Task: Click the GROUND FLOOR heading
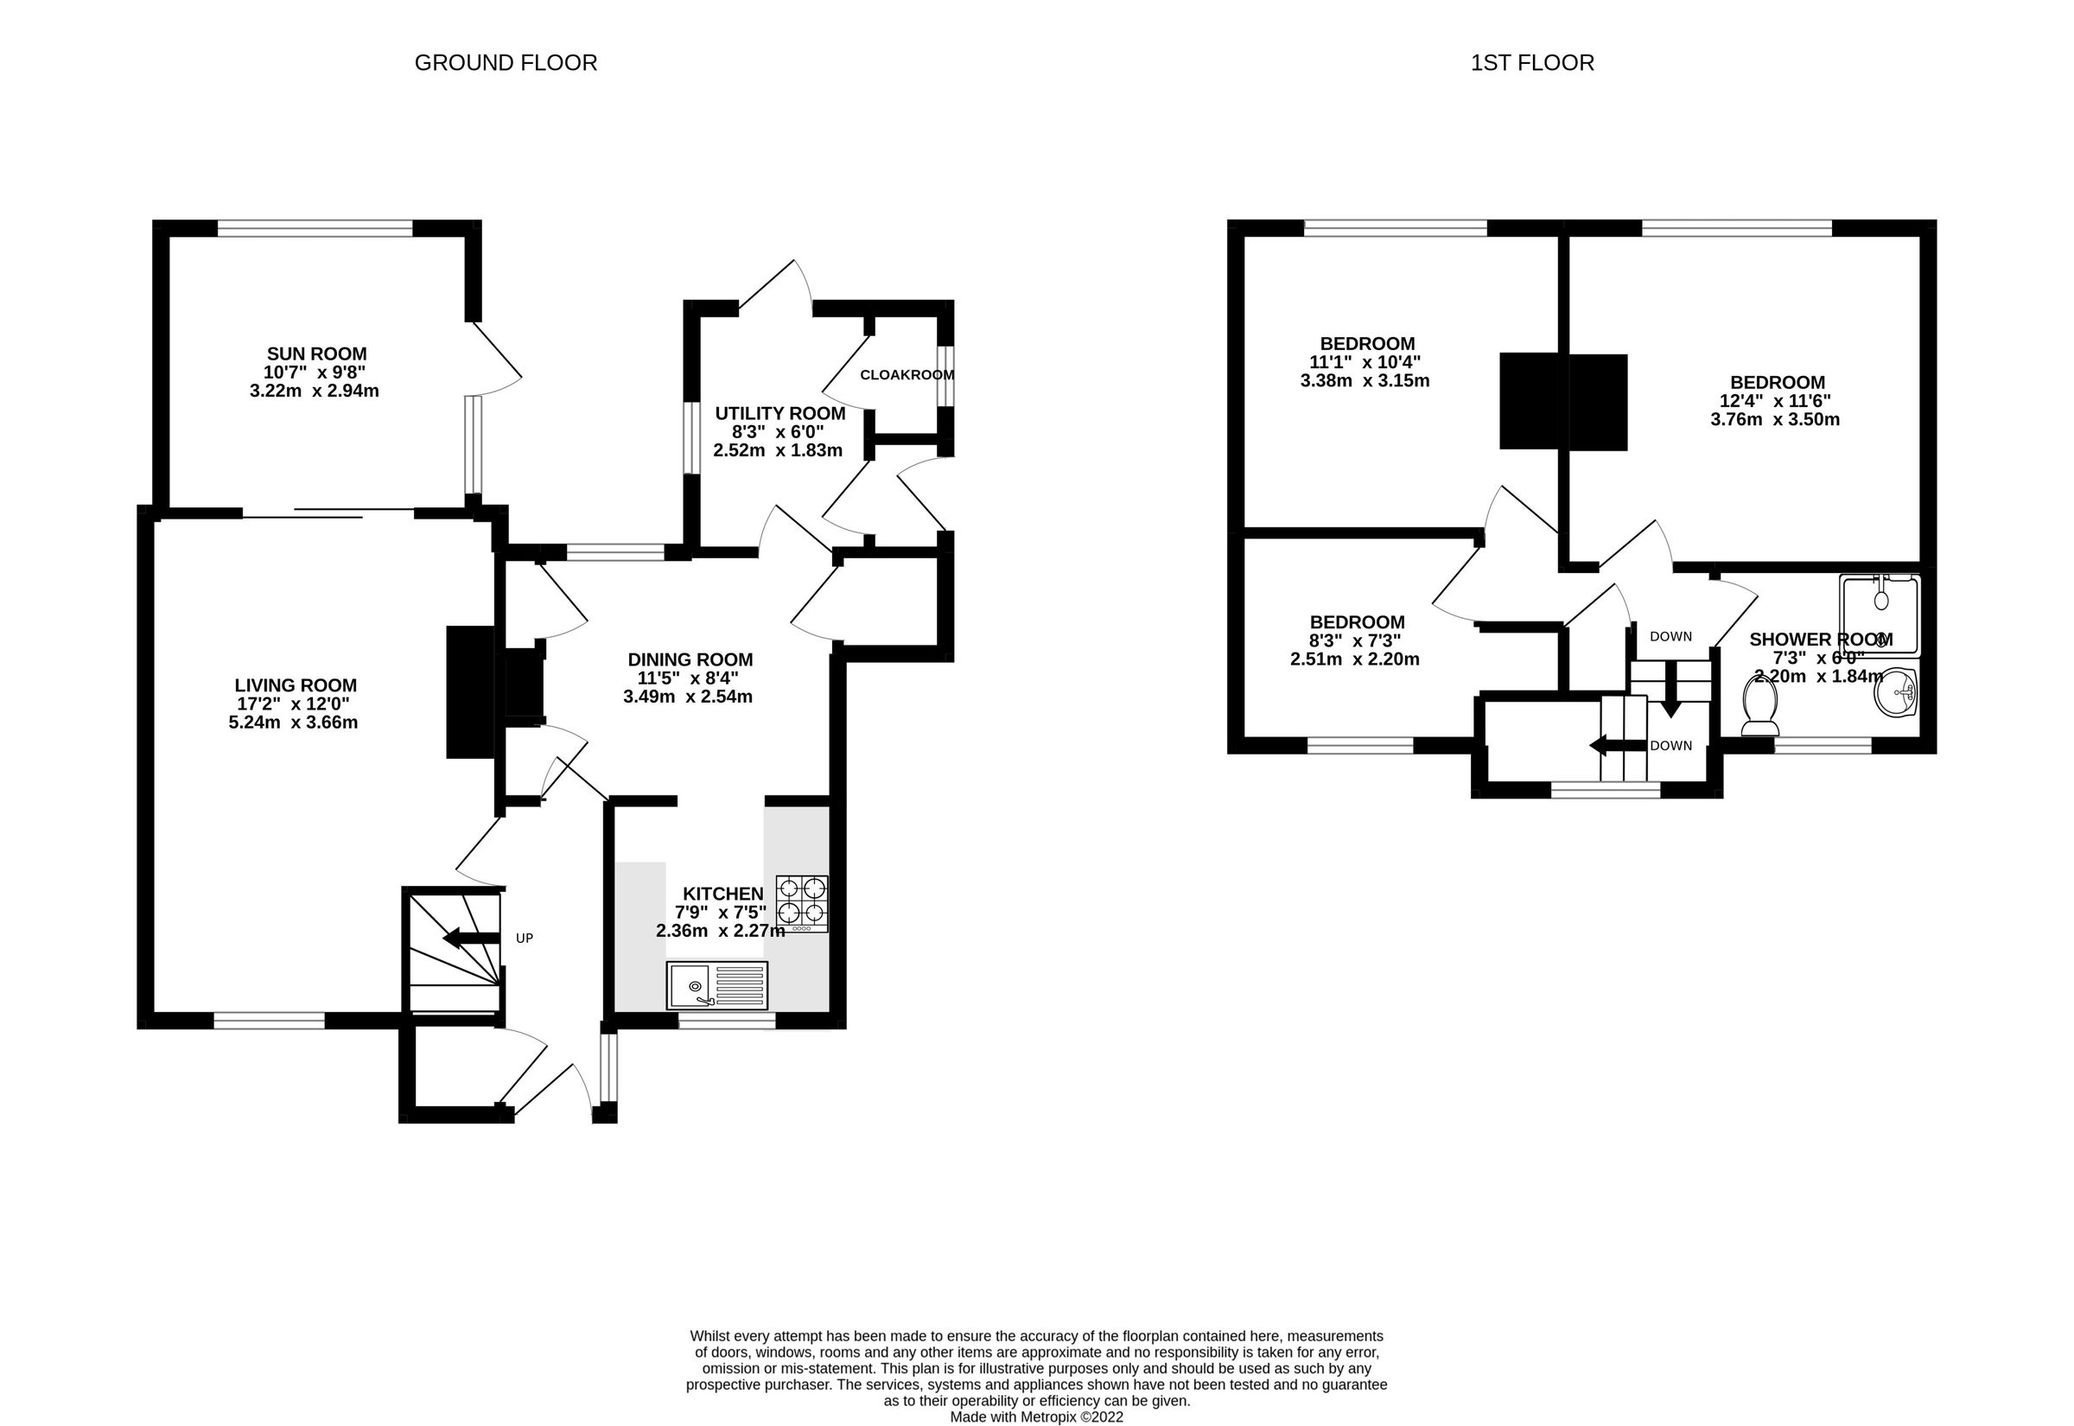(506, 62)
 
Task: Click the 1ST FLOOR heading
(1532, 62)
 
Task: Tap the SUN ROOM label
(316, 353)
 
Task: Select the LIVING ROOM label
(295, 685)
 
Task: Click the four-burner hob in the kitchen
(801, 903)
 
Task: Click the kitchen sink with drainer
(716, 985)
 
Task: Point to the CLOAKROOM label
(907, 375)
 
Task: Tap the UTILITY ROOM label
(779, 414)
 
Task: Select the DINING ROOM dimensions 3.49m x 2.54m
(688, 697)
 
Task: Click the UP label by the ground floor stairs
(525, 939)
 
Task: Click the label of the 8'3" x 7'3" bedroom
(1357, 622)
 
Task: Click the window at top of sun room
(315, 229)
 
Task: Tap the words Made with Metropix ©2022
(1036, 1417)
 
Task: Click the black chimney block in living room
(470, 692)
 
